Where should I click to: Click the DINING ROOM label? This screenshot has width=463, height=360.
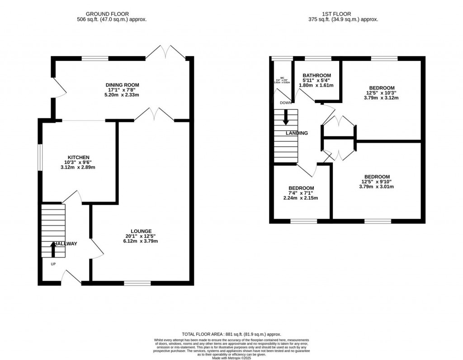click(122, 85)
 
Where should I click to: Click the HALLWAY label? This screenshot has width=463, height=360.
click(65, 244)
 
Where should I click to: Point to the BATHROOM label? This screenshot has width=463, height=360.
click(317, 75)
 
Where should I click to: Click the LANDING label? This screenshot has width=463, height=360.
click(297, 133)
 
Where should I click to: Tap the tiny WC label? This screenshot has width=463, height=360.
click(282, 78)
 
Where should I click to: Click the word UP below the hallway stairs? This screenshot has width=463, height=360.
click(53, 264)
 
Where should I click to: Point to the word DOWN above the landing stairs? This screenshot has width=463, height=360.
click(285, 103)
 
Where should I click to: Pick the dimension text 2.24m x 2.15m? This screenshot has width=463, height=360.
click(301, 198)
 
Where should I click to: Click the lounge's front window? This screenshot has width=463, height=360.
click(137, 283)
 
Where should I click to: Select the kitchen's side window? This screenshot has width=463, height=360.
click(39, 157)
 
